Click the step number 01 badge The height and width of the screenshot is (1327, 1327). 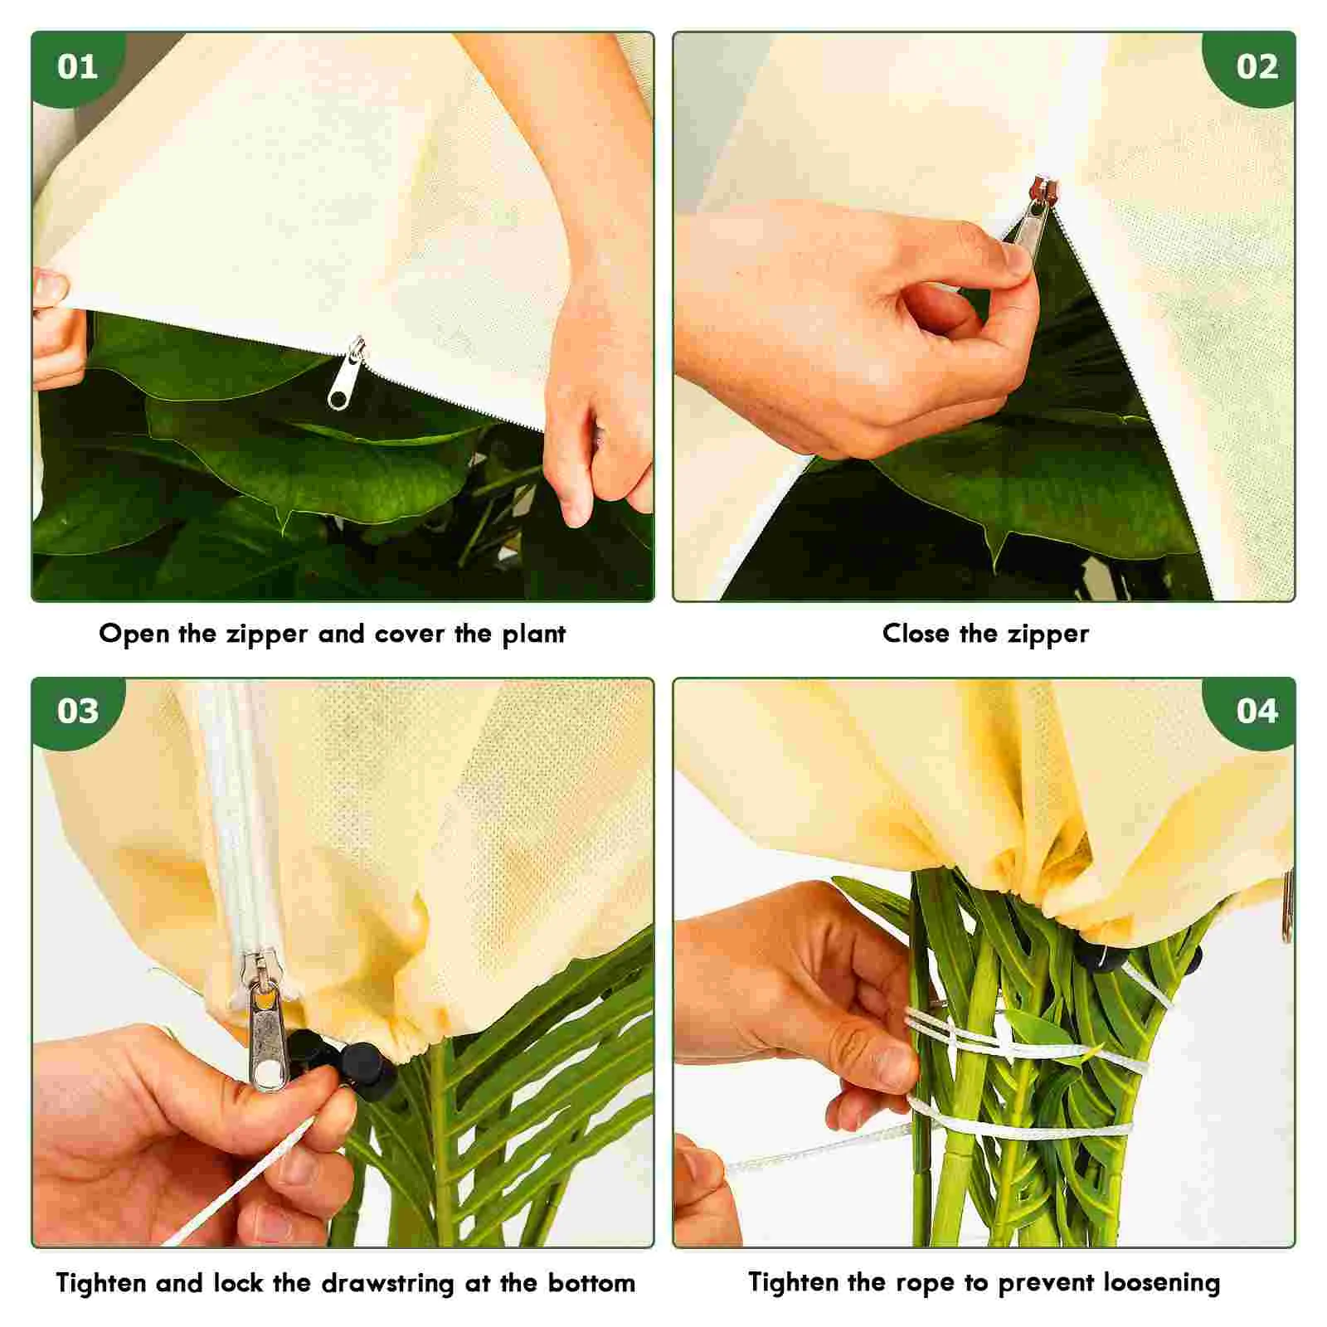pos(77,66)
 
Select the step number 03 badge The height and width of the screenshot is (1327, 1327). pos(77,711)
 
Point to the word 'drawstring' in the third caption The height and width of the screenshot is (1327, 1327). pos(388,1284)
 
